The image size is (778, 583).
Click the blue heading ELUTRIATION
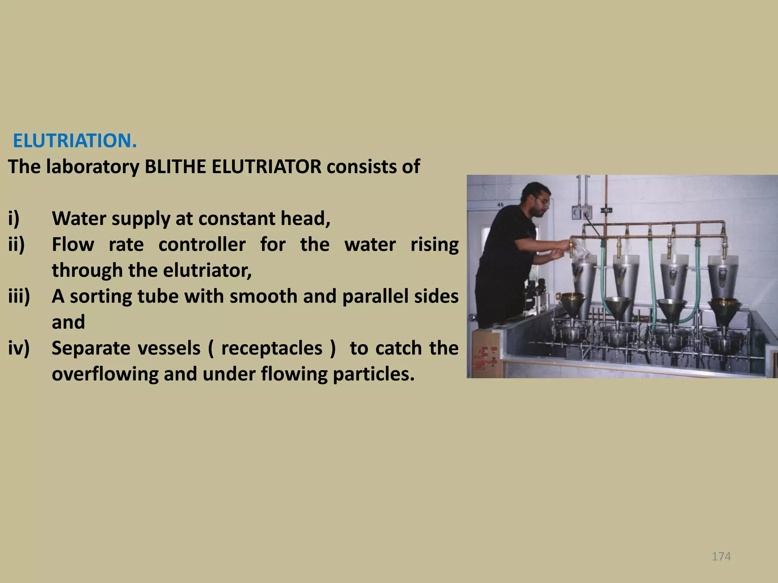click(74, 141)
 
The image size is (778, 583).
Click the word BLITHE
click(175, 167)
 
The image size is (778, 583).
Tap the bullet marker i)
click(14, 219)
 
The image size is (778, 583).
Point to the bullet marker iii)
click(19, 296)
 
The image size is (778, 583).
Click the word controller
click(202, 244)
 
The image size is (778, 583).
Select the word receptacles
click(272, 348)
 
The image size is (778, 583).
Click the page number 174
click(721, 556)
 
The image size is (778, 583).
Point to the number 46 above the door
click(500, 205)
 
